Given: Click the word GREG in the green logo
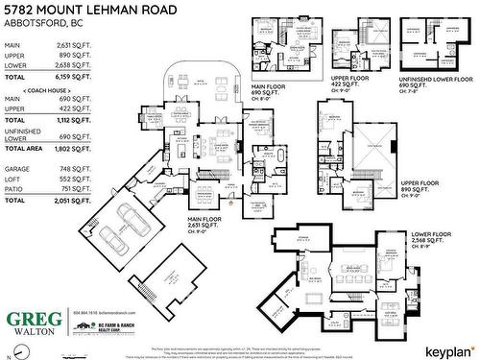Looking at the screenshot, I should click(31, 320).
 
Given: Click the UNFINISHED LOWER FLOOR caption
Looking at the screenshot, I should click(437, 81).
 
